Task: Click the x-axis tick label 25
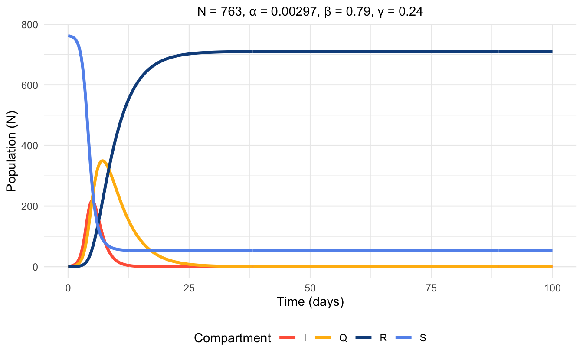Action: (x=189, y=288)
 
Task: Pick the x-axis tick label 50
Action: (x=310, y=288)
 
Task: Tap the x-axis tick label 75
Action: (x=431, y=288)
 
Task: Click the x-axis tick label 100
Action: (x=552, y=288)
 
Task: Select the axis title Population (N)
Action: (x=11, y=146)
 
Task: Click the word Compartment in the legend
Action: (x=232, y=338)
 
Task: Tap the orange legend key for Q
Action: (x=326, y=338)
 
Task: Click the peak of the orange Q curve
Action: (x=102, y=160)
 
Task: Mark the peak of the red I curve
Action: (x=92, y=201)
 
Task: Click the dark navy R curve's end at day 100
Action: (x=552, y=52)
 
